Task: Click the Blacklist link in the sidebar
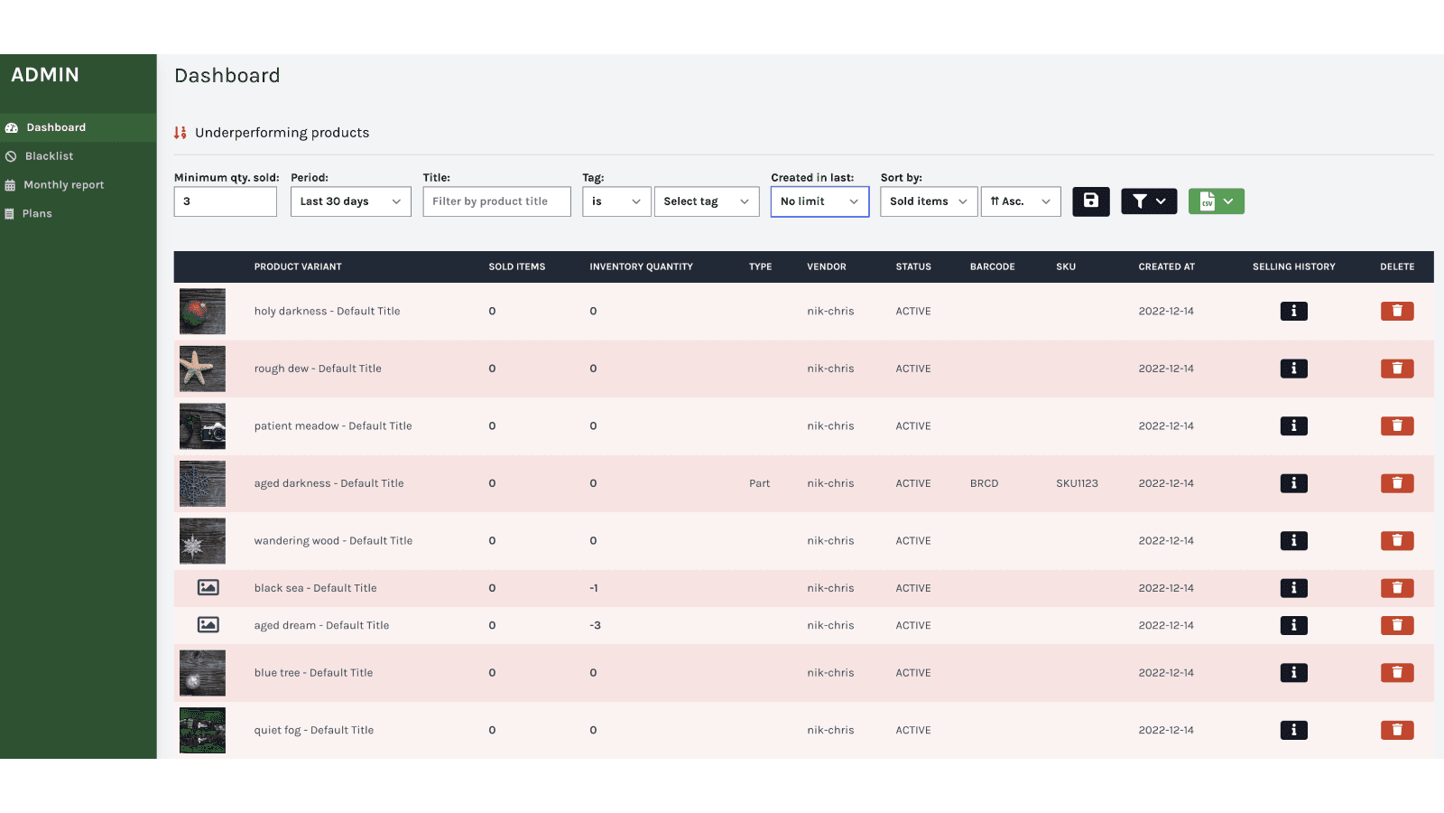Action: click(49, 156)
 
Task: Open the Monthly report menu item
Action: click(63, 185)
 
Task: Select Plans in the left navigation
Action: click(37, 214)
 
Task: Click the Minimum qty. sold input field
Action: click(225, 201)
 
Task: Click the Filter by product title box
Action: click(496, 201)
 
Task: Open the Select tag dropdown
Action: click(706, 201)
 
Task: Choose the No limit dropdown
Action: click(819, 201)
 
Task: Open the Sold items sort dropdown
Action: click(928, 201)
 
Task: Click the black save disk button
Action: click(1090, 201)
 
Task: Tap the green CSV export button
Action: click(1216, 201)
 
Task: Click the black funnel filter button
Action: click(1148, 201)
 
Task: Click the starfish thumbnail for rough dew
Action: click(202, 369)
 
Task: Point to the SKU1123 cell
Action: click(1077, 483)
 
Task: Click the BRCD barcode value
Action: click(984, 483)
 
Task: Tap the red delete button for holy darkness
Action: click(1396, 311)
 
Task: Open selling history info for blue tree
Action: click(1293, 673)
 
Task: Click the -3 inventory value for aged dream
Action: click(595, 625)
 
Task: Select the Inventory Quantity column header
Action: click(641, 266)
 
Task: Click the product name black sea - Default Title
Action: click(315, 588)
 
